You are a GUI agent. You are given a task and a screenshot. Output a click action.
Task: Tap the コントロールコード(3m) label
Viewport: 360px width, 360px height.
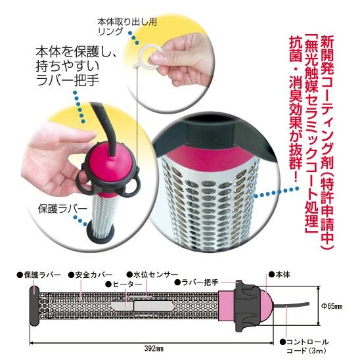click(309, 346)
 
